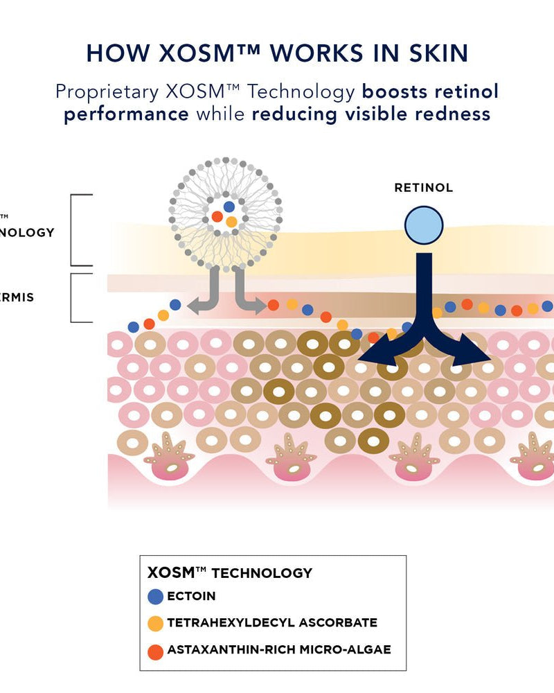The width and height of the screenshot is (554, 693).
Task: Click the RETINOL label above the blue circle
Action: point(423,188)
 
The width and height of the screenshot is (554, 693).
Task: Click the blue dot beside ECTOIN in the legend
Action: point(156,596)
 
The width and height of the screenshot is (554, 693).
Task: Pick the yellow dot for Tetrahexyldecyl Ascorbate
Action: point(156,623)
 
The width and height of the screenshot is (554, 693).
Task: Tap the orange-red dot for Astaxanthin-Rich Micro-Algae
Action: point(156,651)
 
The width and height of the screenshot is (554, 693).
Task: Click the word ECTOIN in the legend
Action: point(191,596)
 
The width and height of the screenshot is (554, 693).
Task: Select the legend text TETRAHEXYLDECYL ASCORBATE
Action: point(272,622)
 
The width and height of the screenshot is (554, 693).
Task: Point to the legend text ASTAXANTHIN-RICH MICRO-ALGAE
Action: point(278,649)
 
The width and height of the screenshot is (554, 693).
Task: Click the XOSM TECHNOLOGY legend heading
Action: point(230,573)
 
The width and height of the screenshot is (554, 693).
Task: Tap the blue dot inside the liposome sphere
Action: point(229,207)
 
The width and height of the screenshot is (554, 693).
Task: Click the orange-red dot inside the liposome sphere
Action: point(217,217)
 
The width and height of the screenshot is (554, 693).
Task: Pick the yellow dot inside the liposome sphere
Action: point(232,222)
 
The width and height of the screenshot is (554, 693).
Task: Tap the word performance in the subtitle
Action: point(126,114)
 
